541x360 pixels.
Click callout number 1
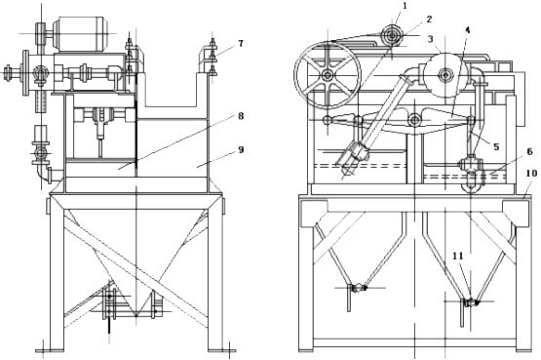[405, 6]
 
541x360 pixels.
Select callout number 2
[429, 20]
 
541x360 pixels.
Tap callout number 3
[431, 39]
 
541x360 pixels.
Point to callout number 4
[468, 30]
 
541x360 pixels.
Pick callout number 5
[496, 146]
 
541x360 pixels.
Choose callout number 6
[529, 151]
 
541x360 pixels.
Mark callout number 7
[241, 44]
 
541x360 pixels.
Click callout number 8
[241, 116]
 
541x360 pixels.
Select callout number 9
[241, 149]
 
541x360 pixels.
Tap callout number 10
[531, 173]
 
